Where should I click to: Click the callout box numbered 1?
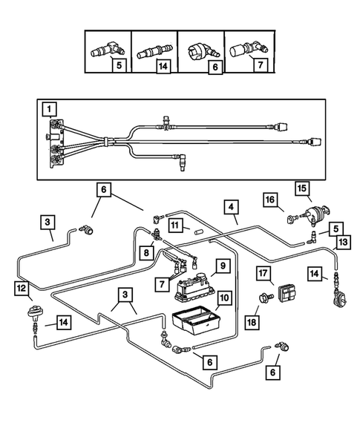(49, 109)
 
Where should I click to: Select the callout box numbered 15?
(302, 188)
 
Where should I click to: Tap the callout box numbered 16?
(270, 200)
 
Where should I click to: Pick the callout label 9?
(223, 266)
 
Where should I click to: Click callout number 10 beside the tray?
(224, 298)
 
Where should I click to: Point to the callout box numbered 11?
(175, 226)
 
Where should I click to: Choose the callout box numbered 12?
(22, 288)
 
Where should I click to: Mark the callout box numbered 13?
(343, 242)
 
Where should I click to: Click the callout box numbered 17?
(263, 273)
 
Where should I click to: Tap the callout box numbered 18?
(252, 323)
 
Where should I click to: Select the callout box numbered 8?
(146, 252)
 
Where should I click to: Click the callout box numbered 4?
(231, 207)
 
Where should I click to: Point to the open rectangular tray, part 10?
(196, 320)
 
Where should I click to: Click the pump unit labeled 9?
(194, 287)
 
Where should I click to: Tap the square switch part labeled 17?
(287, 294)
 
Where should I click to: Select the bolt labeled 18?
(266, 298)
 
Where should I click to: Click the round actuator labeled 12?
(34, 311)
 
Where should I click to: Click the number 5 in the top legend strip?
(119, 66)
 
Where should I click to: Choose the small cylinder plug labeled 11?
(198, 232)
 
